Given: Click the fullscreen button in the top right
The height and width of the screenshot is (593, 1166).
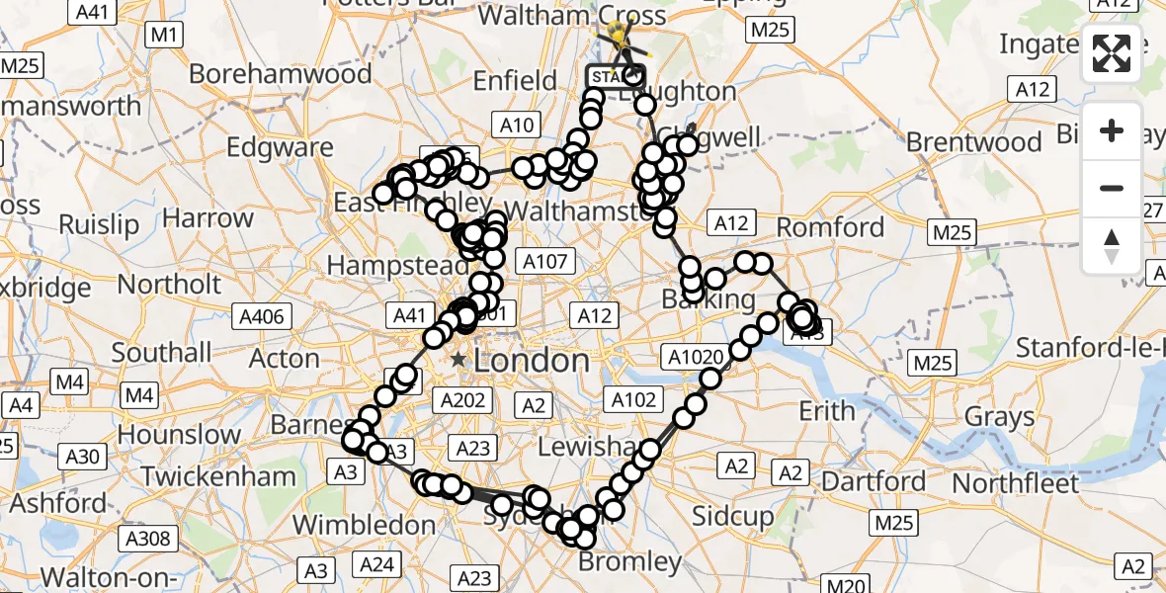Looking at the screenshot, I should point(1113,54).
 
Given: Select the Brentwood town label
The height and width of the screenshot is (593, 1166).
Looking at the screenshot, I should point(974,142).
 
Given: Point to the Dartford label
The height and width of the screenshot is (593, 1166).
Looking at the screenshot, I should point(874,482).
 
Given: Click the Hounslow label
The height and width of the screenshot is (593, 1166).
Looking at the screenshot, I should point(177,434).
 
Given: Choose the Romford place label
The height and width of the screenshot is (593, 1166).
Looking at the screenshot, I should point(830,227).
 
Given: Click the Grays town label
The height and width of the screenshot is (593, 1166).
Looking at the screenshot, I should point(999,417).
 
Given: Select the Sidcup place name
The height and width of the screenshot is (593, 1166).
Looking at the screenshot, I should point(732,517).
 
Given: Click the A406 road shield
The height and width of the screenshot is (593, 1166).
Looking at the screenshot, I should point(262,316).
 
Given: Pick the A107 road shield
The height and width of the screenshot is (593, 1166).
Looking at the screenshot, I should point(544,262).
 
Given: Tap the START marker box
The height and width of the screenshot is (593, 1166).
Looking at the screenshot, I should point(615,76).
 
